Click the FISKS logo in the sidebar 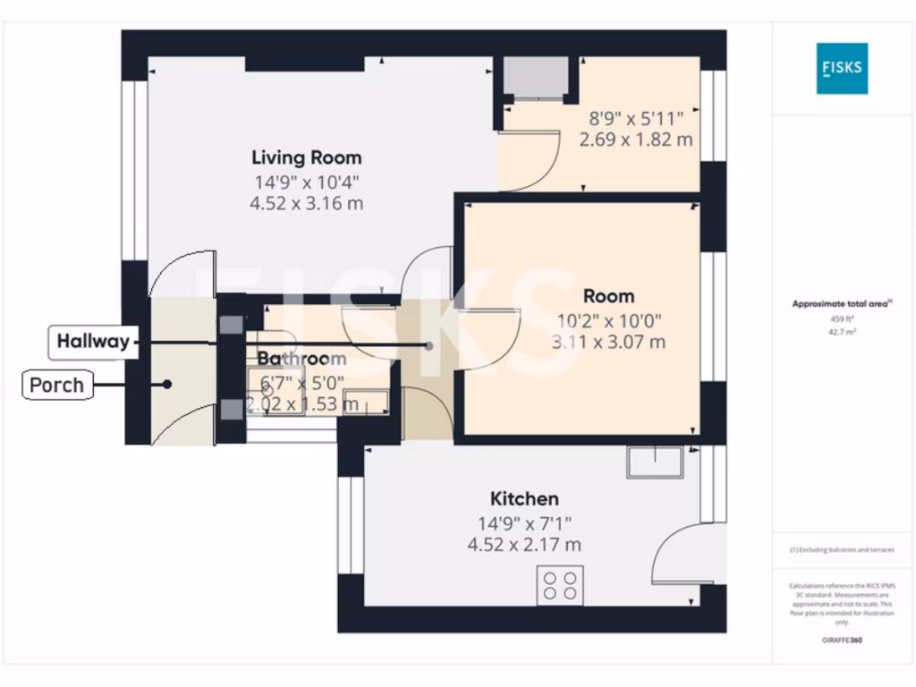coord(841,68)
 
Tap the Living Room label coord(306,158)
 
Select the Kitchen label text coord(524,499)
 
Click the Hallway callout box coord(92,341)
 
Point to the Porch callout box coord(56,386)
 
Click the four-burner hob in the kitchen coord(560,584)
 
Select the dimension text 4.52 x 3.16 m coord(306,203)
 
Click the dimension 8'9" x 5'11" coord(635,118)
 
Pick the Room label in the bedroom coord(608,296)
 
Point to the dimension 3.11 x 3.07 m coord(608,341)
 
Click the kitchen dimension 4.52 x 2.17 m coord(524,544)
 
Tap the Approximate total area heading coord(840,304)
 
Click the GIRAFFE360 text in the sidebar coord(841,640)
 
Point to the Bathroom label coord(301,359)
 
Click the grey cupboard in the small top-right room coord(534,78)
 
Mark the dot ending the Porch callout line coord(167,386)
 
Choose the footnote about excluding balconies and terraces coord(840,550)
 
